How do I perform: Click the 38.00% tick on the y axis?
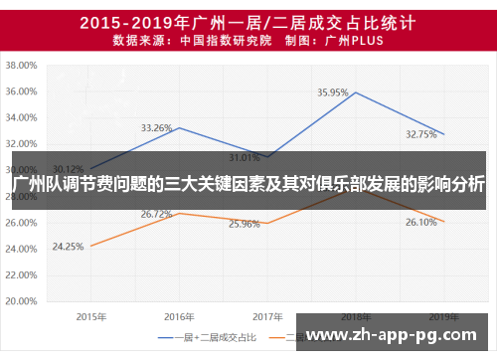coord(21,65)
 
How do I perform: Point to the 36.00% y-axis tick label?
coord(21,91)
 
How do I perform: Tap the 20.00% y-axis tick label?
coord(21,299)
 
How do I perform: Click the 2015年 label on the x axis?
coord(90,315)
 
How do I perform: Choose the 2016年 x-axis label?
coord(179,315)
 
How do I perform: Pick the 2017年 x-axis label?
coord(266,315)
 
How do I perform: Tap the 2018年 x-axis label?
coord(355,315)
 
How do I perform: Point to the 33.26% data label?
coord(157,128)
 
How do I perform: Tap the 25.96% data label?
coord(245,224)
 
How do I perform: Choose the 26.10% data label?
coord(421,223)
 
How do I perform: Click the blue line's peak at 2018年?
coord(355,92)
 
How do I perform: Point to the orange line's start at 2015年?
coord(90,246)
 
